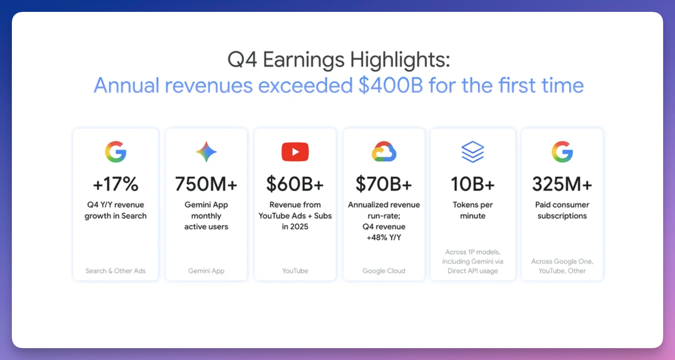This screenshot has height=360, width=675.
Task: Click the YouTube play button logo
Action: (295, 152)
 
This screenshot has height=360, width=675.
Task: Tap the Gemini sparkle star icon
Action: (206, 152)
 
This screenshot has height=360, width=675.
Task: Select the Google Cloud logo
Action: (384, 152)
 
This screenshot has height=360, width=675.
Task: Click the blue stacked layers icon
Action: (473, 152)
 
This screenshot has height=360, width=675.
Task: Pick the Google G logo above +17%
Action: (116, 152)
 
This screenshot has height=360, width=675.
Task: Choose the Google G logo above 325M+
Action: (562, 152)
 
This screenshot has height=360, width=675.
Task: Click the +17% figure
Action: (116, 184)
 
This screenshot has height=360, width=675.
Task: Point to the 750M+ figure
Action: (206, 184)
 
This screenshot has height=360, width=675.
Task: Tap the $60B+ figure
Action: (295, 184)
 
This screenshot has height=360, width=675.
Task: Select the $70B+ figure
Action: (384, 184)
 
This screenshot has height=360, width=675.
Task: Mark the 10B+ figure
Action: (473, 184)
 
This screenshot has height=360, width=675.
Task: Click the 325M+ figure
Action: (562, 184)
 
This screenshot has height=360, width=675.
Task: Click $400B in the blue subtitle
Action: (391, 85)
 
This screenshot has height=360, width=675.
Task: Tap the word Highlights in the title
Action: (400, 60)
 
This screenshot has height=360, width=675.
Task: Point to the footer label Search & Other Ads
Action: (116, 271)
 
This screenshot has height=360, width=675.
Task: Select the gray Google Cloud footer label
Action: (384, 271)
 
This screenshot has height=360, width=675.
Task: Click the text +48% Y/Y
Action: (384, 238)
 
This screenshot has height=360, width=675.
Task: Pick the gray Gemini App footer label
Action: (206, 271)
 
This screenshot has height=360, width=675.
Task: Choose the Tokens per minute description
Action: (473, 210)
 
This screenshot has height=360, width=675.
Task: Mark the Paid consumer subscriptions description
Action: (562, 210)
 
